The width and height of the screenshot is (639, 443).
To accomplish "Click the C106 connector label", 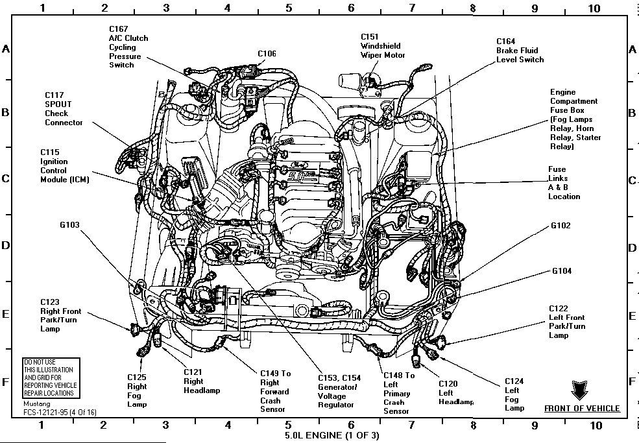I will (x=267, y=54).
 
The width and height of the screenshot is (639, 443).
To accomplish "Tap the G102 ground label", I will (x=561, y=226).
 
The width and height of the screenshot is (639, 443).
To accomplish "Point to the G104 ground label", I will (x=562, y=270).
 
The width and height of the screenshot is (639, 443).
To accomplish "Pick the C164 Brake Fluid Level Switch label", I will (x=520, y=50).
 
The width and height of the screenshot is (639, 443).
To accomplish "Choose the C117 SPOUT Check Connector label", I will (x=64, y=109).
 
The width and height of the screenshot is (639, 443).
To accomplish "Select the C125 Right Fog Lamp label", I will (x=137, y=390).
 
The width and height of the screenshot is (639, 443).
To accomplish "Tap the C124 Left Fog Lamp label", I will (x=514, y=394).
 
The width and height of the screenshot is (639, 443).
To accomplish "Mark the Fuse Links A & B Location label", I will (x=563, y=182).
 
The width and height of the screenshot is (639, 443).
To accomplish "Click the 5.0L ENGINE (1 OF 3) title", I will (x=322, y=433).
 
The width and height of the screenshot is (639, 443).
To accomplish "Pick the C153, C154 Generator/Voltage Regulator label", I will (x=336, y=391).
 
